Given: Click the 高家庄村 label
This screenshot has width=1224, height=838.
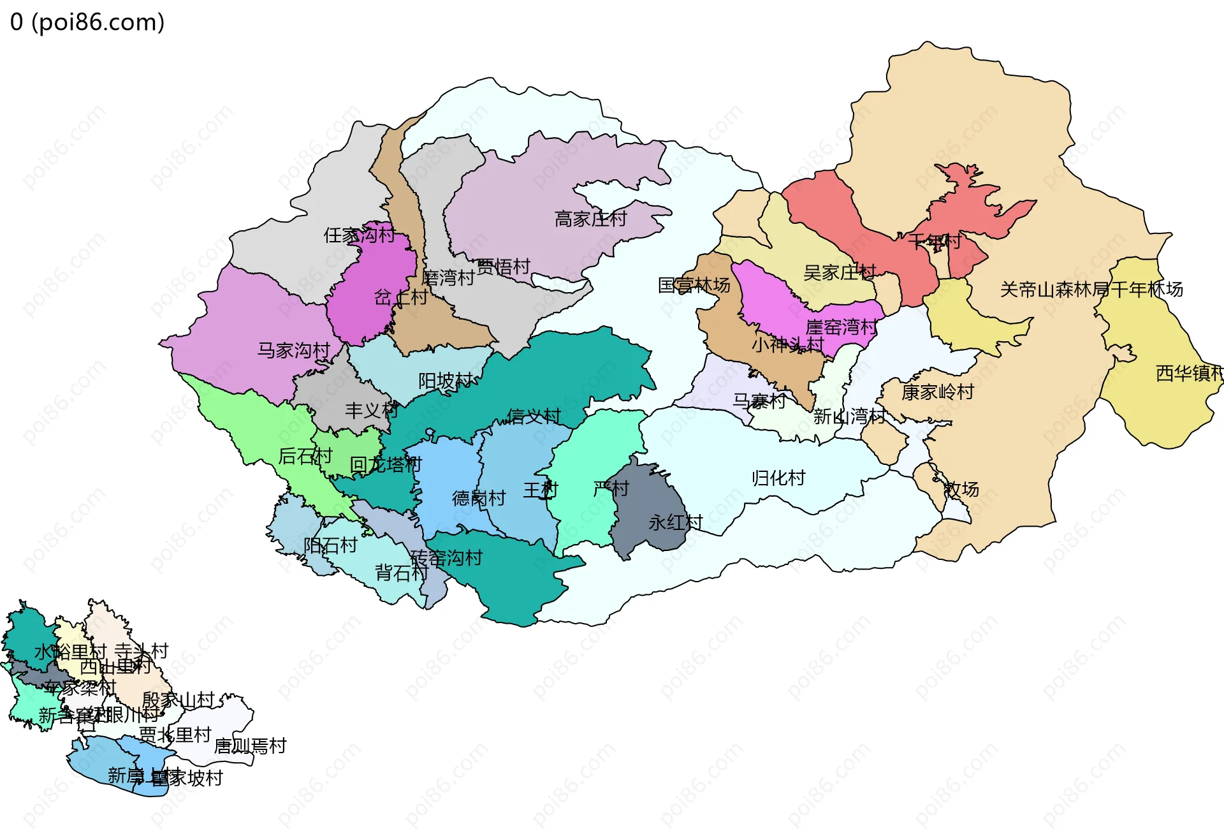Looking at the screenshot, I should pyautogui.click(x=590, y=219).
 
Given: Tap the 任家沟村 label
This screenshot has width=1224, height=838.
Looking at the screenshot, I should pyautogui.click(x=360, y=235).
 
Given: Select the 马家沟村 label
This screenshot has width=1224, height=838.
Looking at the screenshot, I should pyautogui.click(x=293, y=350).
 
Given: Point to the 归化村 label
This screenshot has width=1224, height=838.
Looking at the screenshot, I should pyautogui.click(x=778, y=478).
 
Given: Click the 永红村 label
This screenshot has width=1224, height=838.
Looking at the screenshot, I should pyautogui.click(x=675, y=523).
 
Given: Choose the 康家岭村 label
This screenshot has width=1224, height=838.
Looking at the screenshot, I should pyautogui.click(x=937, y=392).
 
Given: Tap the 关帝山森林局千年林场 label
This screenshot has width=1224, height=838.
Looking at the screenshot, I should pyautogui.click(x=1091, y=290).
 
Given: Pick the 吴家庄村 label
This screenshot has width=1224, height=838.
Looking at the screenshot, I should pyautogui.click(x=840, y=273).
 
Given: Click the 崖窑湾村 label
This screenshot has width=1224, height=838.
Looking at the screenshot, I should pyautogui.click(x=841, y=327).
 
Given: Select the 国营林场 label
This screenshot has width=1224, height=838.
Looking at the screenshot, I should pyautogui.click(x=694, y=285).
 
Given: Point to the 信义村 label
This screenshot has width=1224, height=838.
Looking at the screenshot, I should pyautogui.click(x=534, y=416).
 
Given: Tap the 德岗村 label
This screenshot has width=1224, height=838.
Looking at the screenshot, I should pyautogui.click(x=479, y=498).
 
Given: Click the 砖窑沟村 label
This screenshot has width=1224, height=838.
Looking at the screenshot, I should pyautogui.click(x=446, y=558).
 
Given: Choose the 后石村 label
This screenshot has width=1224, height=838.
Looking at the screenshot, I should pyautogui.click(x=305, y=456).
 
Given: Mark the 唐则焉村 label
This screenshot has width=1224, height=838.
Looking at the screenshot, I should pyautogui.click(x=250, y=746).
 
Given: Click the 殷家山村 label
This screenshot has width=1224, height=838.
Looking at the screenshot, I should pyautogui.click(x=178, y=700).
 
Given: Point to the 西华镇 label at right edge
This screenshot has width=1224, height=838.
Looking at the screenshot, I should pyautogui.click(x=1189, y=373).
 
